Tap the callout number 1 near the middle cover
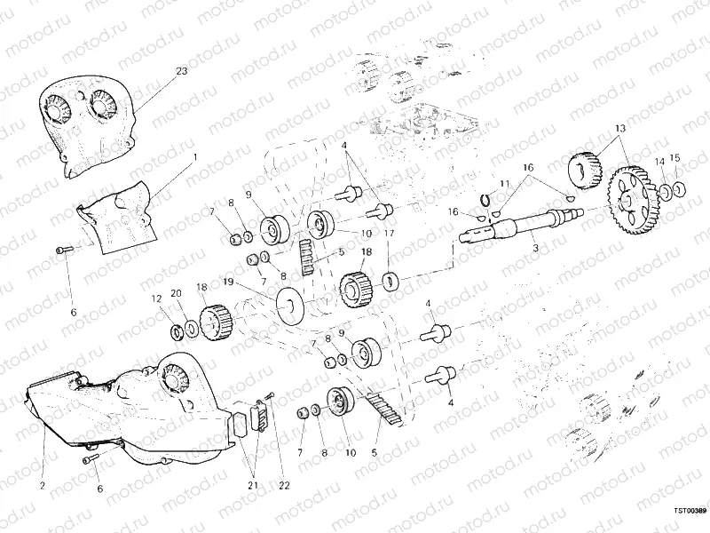pyautogui.click(x=193, y=155)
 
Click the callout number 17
pyautogui.click(x=389, y=235)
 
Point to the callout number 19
pyautogui.click(x=228, y=282)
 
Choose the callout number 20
pyautogui.click(x=176, y=292)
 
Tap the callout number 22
pyautogui.click(x=284, y=485)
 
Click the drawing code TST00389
pyautogui.click(x=688, y=511)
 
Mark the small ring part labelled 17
pyautogui.click(x=389, y=282)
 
